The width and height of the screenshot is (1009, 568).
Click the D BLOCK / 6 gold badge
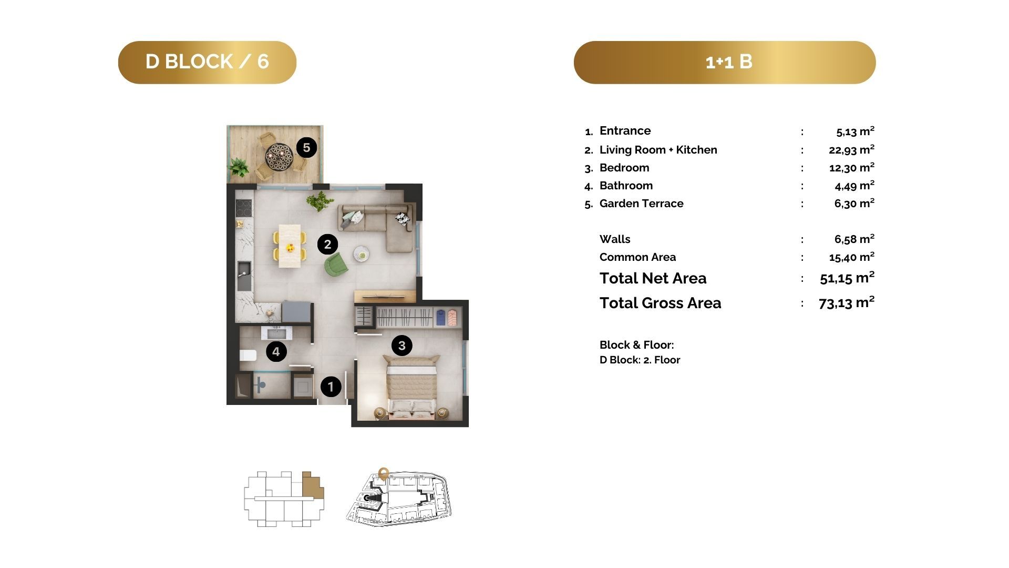pyautogui.click(x=207, y=62)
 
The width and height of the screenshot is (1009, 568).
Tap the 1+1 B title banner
pyautogui.click(x=725, y=62)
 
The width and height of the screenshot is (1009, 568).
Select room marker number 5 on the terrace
pyautogui.click(x=306, y=147)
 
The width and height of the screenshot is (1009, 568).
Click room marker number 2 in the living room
pyautogui.click(x=327, y=244)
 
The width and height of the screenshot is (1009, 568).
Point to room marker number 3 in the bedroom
pyautogui.click(x=402, y=346)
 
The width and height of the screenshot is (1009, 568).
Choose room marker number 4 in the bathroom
pyautogui.click(x=276, y=351)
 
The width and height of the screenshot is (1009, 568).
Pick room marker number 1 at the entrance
pyautogui.click(x=331, y=387)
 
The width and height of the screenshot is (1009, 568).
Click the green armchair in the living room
pyautogui.click(x=336, y=264)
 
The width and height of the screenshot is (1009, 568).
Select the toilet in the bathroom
pyautogui.click(x=248, y=355)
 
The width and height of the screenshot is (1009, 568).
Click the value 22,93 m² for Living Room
pyautogui.click(x=851, y=149)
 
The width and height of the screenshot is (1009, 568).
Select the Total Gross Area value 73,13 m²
pyautogui.click(x=847, y=302)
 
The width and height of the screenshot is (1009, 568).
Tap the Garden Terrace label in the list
pyautogui.click(x=641, y=204)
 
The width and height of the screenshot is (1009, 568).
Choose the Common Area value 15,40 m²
pyautogui.click(x=851, y=257)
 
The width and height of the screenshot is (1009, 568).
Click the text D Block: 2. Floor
pyautogui.click(x=640, y=360)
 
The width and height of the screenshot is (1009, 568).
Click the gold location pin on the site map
pyautogui.click(x=383, y=473)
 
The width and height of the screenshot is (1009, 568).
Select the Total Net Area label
pyautogui.click(x=653, y=278)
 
